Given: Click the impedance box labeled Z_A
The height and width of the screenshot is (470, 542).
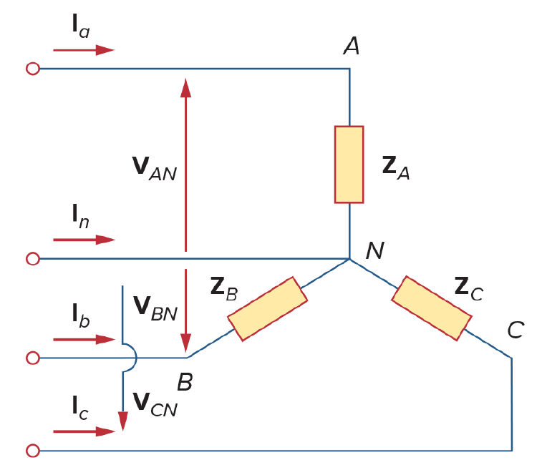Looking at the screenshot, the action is click(x=349, y=165).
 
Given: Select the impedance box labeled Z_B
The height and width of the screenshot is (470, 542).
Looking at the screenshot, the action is click(x=267, y=309).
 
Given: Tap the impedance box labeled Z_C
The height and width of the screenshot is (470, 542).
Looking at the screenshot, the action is click(x=432, y=308).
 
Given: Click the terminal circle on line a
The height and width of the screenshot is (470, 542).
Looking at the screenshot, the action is click(x=33, y=69).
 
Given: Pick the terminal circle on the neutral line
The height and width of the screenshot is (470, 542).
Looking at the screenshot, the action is click(x=33, y=258).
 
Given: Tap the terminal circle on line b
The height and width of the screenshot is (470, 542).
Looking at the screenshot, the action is click(x=33, y=358).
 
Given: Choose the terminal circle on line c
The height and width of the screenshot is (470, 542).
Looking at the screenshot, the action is click(x=33, y=450).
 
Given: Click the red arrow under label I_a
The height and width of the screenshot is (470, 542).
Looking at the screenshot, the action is click(x=84, y=50).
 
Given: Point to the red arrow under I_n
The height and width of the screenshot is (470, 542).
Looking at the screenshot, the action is click(x=84, y=240).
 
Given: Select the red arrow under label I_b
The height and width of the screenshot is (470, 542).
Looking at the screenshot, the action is click(x=84, y=340).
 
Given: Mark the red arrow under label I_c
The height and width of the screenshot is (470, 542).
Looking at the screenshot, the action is click(x=84, y=431).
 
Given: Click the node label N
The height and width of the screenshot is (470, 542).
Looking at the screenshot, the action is click(x=375, y=250).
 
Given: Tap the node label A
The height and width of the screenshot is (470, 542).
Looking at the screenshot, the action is click(x=352, y=46).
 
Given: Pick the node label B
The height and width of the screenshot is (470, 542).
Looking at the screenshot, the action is click(x=185, y=382).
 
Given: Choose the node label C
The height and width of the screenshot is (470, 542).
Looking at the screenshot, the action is click(x=516, y=330).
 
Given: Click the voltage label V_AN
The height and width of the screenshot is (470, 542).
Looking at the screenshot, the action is click(x=155, y=168).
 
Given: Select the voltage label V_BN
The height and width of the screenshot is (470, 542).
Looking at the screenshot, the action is click(x=155, y=308).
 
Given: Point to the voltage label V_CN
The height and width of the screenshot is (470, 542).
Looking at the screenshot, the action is click(x=155, y=405).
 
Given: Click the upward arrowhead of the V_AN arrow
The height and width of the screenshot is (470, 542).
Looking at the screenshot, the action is click(x=185, y=88).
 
